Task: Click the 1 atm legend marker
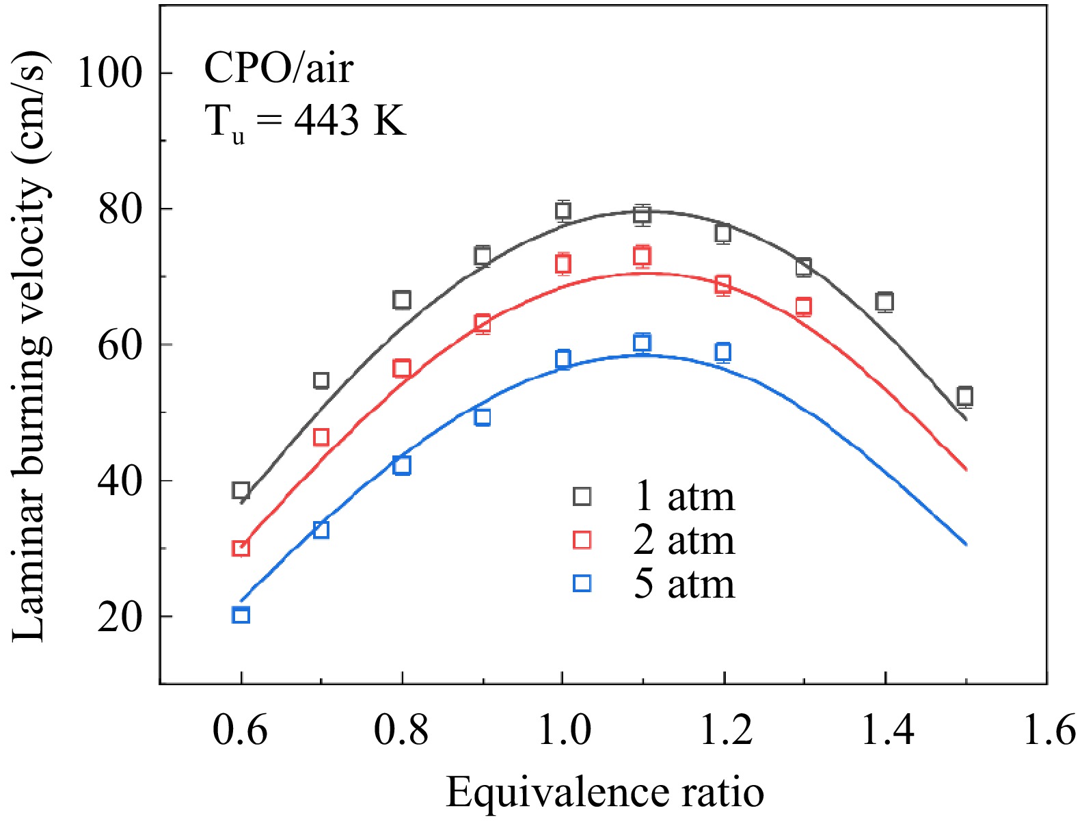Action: (x=582, y=496)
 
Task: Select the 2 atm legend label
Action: (x=684, y=540)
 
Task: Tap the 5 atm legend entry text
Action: (x=684, y=584)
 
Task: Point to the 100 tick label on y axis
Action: (x=110, y=72)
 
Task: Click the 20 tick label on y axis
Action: (x=120, y=617)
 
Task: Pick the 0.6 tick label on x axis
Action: (x=240, y=730)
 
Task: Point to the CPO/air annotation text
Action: (x=279, y=68)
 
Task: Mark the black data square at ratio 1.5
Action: (x=964, y=396)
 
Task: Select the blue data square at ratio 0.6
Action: (x=241, y=615)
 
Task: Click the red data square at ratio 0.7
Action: (x=321, y=437)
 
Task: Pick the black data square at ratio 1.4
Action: (x=884, y=302)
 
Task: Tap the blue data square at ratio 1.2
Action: (x=722, y=352)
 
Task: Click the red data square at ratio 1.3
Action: (x=804, y=306)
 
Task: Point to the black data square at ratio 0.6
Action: (x=241, y=490)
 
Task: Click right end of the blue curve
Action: (x=965, y=544)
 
